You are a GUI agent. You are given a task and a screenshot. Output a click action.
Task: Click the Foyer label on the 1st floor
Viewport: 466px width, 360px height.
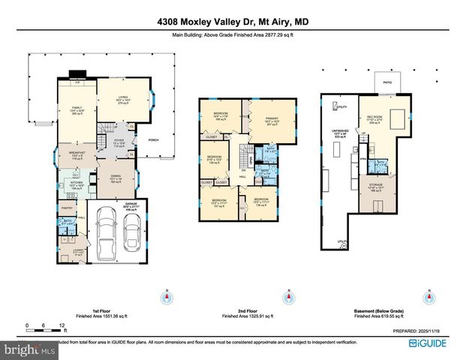tap(118, 142)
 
